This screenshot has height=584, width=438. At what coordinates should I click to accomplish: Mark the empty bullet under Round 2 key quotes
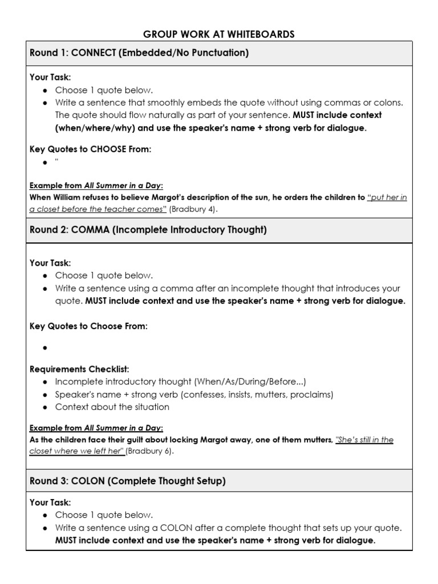44,347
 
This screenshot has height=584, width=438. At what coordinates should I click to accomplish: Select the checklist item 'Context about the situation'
112,407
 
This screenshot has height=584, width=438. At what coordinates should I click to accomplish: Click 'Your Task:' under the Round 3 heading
50,502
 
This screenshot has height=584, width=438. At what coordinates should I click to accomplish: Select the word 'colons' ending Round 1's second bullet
388,103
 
